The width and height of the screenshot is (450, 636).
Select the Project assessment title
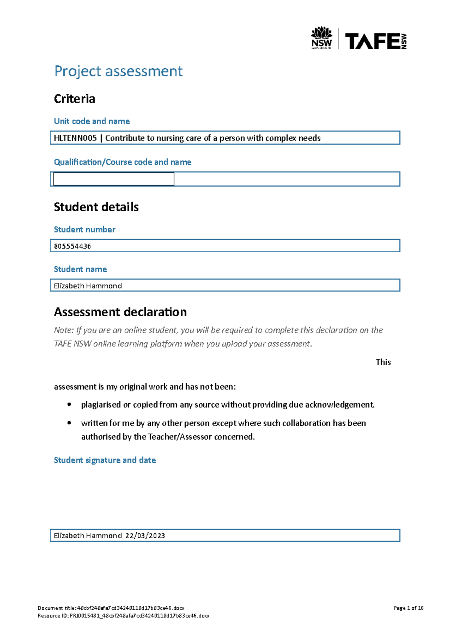118,71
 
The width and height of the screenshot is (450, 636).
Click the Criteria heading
74,99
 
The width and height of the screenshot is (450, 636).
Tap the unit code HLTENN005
75,138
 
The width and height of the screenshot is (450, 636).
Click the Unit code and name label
92,121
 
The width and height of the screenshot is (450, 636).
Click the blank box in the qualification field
114,179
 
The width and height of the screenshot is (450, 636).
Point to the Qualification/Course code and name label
123,162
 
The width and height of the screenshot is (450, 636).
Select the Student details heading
96,207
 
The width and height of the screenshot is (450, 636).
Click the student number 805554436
72,246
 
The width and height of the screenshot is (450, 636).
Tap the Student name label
80,269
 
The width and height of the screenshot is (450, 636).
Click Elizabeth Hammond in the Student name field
88,286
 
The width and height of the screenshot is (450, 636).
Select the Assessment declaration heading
120,312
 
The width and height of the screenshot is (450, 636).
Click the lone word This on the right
383,362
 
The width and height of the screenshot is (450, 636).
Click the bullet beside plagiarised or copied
69,405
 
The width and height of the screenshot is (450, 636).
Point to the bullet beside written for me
69,423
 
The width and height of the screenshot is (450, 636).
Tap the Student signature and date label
105,460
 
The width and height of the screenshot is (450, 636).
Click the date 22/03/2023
145,536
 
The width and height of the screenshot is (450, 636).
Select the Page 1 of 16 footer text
408,608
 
